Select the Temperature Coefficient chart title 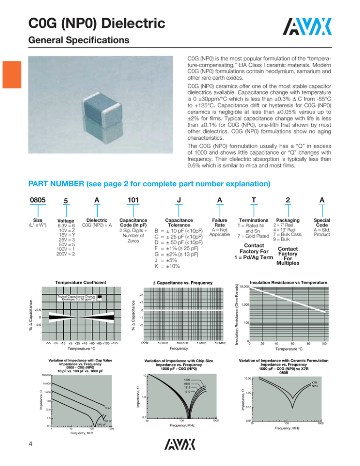tap(80, 282)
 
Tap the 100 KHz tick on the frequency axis tap(184, 356)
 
